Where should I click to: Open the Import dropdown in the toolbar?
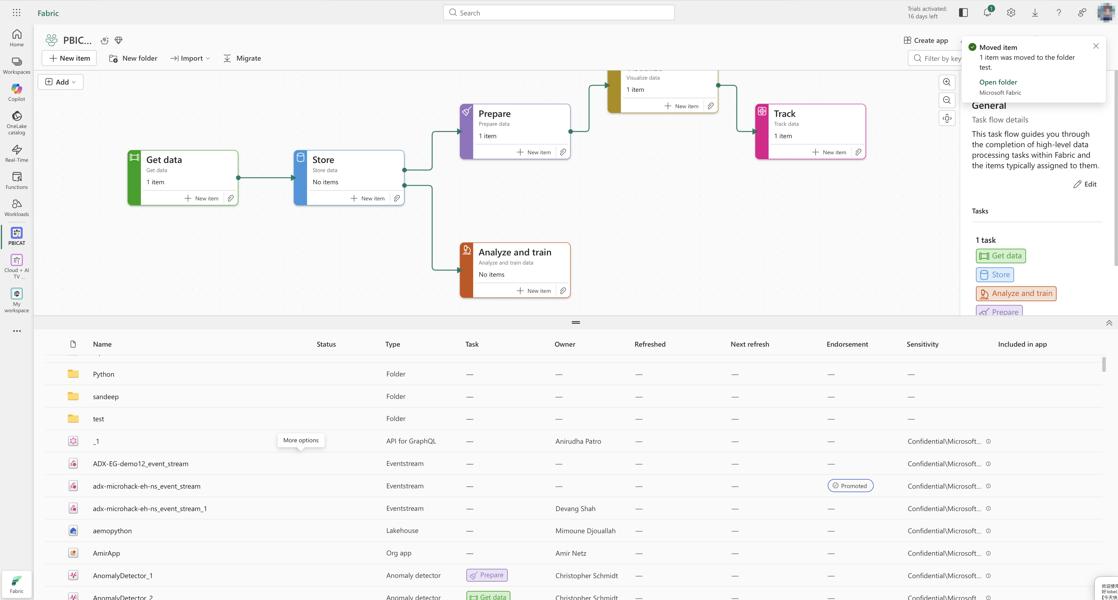190,58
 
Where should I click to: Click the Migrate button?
242,58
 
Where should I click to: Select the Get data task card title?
164,160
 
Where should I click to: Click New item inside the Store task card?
368,199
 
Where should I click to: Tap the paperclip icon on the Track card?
858,152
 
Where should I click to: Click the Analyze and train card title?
515,252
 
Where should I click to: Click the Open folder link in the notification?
998,82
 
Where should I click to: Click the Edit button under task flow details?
1085,184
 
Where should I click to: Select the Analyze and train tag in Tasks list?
1016,294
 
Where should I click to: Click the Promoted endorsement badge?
850,486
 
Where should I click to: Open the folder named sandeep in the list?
105,397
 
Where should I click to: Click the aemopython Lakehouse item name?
112,531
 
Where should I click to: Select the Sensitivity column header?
922,344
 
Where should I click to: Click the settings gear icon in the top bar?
1011,13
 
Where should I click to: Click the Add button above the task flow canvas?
60,82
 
